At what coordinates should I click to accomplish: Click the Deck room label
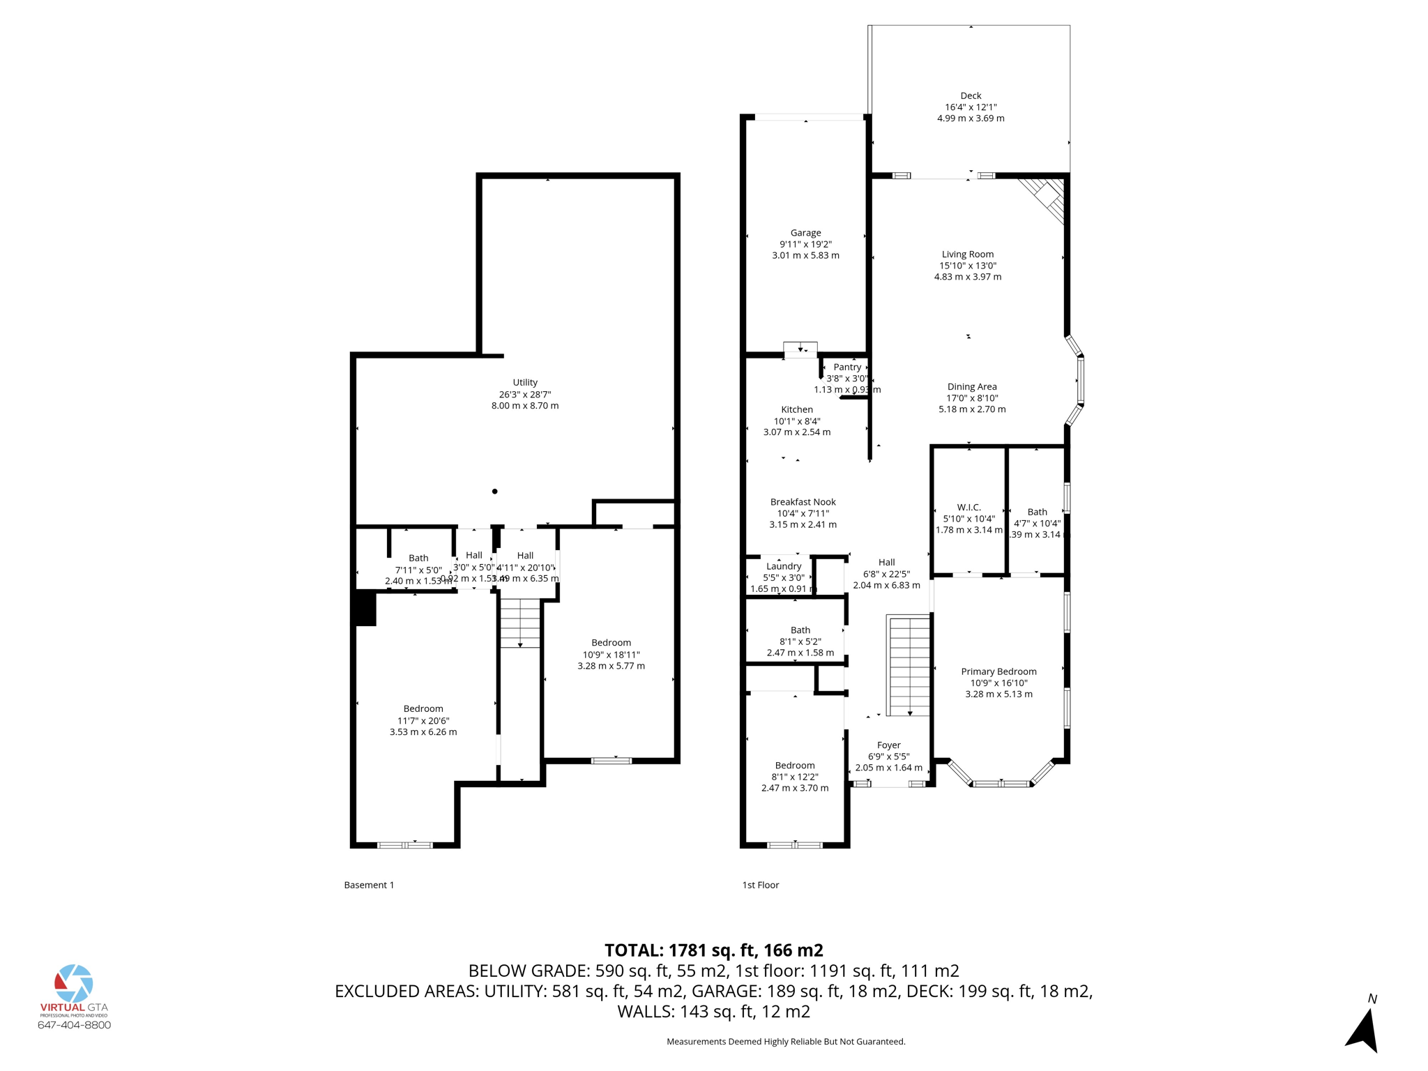[x=970, y=96]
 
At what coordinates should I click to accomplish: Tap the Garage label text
[x=805, y=233]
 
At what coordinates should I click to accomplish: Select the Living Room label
[x=967, y=255]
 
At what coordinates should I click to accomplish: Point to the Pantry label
[x=847, y=367]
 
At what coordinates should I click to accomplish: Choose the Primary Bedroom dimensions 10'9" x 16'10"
[x=998, y=683]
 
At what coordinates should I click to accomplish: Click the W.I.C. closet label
[x=969, y=508]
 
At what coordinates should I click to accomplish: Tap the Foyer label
[x=888, y=745]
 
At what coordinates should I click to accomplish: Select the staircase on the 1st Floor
[x=909, y=666]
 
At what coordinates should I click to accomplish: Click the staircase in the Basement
[x=520, y=623]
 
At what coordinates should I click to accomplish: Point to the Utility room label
[x=525, y=383]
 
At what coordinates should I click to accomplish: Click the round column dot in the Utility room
[x=495, y=492]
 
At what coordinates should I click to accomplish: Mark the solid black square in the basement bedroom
[x=365, y=609]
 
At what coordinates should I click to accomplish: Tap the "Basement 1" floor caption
[x=369, y=885]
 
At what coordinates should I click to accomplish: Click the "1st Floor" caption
[x=760, y=885]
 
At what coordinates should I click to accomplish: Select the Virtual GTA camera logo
[x=73, y=984]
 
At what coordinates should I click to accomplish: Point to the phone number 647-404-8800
[x=74, y=1025]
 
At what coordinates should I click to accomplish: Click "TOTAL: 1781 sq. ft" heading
[x=713, y=950]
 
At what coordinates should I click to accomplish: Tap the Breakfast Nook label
[x=803, y=502]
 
